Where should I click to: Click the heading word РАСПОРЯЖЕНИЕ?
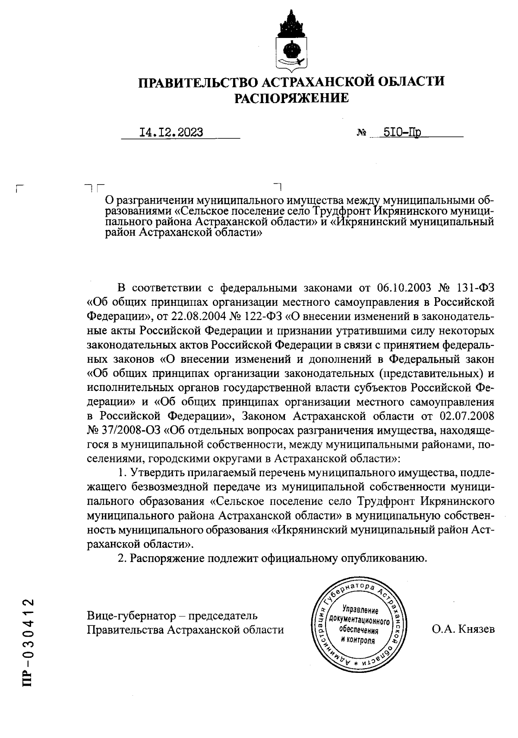tap(291, 98)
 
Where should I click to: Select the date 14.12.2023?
tap(171, 132)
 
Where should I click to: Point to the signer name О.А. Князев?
tap(463, 629)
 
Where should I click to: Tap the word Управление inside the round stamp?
tap(360, 610)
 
